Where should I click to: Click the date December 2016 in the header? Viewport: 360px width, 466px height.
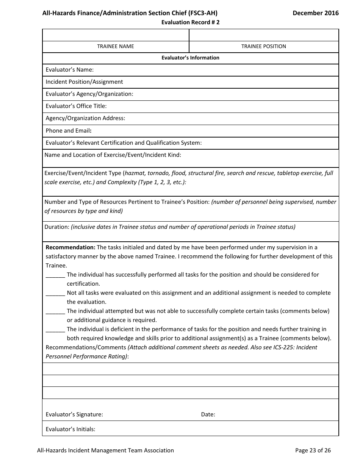tap(315, 13)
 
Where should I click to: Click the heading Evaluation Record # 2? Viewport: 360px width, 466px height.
tap(190, 22)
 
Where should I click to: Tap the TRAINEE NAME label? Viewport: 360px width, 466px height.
tap(116, 46)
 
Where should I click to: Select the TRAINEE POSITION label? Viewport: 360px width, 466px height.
tap(264, 46)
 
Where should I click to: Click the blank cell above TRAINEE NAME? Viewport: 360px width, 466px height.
tap(116, 35)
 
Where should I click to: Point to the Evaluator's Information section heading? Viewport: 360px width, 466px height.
tap(190, 58)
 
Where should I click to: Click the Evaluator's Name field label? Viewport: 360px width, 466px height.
tap(69, 70)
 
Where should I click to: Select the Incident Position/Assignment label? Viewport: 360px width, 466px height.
tap(84, 82)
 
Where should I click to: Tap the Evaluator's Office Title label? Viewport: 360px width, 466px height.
tap(76, 106)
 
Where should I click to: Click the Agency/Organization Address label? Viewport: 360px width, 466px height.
tap(85, 118)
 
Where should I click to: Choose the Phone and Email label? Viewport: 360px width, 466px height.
tap(69, 130)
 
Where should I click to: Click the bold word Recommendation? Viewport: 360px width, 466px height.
tap(70, 247)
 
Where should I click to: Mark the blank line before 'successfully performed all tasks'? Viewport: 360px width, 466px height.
tap(55, 275)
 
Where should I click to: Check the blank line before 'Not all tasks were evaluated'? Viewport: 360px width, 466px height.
tap(55, 293)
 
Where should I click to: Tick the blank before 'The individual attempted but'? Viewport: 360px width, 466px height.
tap(55, 311)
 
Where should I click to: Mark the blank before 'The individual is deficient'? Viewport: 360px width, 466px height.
tap(55, 330)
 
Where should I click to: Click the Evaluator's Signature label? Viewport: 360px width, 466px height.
tap(74, 414)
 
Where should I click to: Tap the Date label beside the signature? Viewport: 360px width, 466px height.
tap(208, 414)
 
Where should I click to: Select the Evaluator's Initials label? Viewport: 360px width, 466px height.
tap(70, 429)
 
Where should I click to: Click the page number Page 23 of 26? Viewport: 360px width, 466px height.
tap(313, 450)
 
